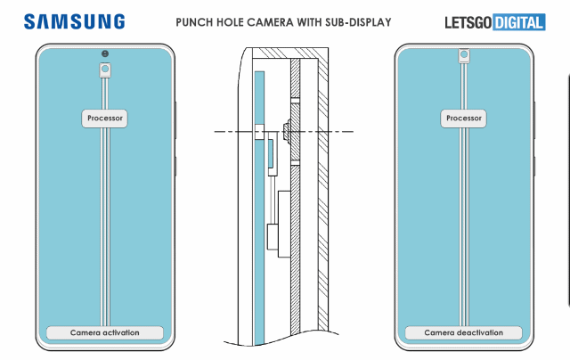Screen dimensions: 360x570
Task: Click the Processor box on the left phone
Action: coord(106,118)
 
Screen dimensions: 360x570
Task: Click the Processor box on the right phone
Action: coord(464,118)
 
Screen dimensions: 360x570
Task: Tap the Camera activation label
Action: coord(106,332)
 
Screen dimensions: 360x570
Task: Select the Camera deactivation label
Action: coord(464,332)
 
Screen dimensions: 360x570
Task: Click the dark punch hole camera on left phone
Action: coord(106,52)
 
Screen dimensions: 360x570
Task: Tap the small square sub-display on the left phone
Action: coord(106,68)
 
